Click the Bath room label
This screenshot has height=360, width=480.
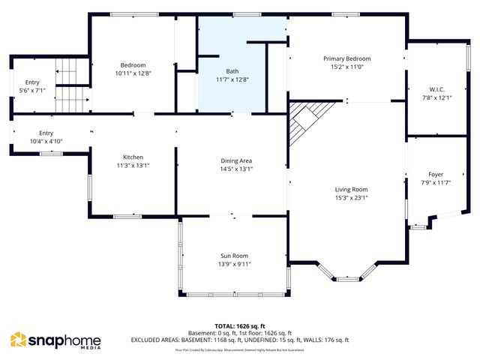coord(232,70)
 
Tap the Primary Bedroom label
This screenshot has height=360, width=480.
coord(346,58)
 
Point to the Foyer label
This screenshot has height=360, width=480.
coord(436,174)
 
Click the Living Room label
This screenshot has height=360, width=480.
coord(351,189)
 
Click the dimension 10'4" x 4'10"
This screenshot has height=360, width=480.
coord(46,141)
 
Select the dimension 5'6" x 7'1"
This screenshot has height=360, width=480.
coord(32,90)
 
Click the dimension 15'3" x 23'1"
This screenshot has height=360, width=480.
coord(351,198)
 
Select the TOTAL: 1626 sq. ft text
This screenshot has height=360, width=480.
coord(240,326)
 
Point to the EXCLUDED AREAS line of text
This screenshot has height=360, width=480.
coord(240,340)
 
